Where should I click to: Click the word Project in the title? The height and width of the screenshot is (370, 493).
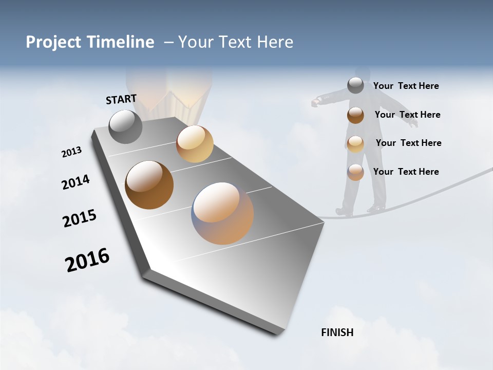[54, 42]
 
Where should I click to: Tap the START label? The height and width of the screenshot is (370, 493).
[121, 99]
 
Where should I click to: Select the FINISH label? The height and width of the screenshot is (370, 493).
[337, 332]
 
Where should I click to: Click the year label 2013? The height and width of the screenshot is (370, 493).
[71, 152]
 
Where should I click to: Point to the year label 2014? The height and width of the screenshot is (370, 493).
[75, 182]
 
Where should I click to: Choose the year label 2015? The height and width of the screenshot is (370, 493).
[80, 218]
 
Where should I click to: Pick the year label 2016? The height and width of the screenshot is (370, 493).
[87, 260]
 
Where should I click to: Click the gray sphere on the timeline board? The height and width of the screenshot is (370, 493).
[125, 126]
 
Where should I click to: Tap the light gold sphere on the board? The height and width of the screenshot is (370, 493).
[195, 144]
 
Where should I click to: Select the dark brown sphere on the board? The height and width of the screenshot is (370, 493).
[149, 185]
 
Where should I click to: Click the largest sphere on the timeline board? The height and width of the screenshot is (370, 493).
[222, 213]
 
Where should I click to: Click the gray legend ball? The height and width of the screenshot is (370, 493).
[355, 85]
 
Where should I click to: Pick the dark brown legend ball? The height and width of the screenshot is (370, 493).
[355, 115]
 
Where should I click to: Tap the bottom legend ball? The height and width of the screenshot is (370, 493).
[355, 172]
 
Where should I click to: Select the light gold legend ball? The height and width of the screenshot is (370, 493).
[355, 144]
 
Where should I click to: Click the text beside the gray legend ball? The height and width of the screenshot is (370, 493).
[406, 86]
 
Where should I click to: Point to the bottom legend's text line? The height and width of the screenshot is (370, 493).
[406, 172]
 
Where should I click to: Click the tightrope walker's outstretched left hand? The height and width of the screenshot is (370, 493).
[315, 103]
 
